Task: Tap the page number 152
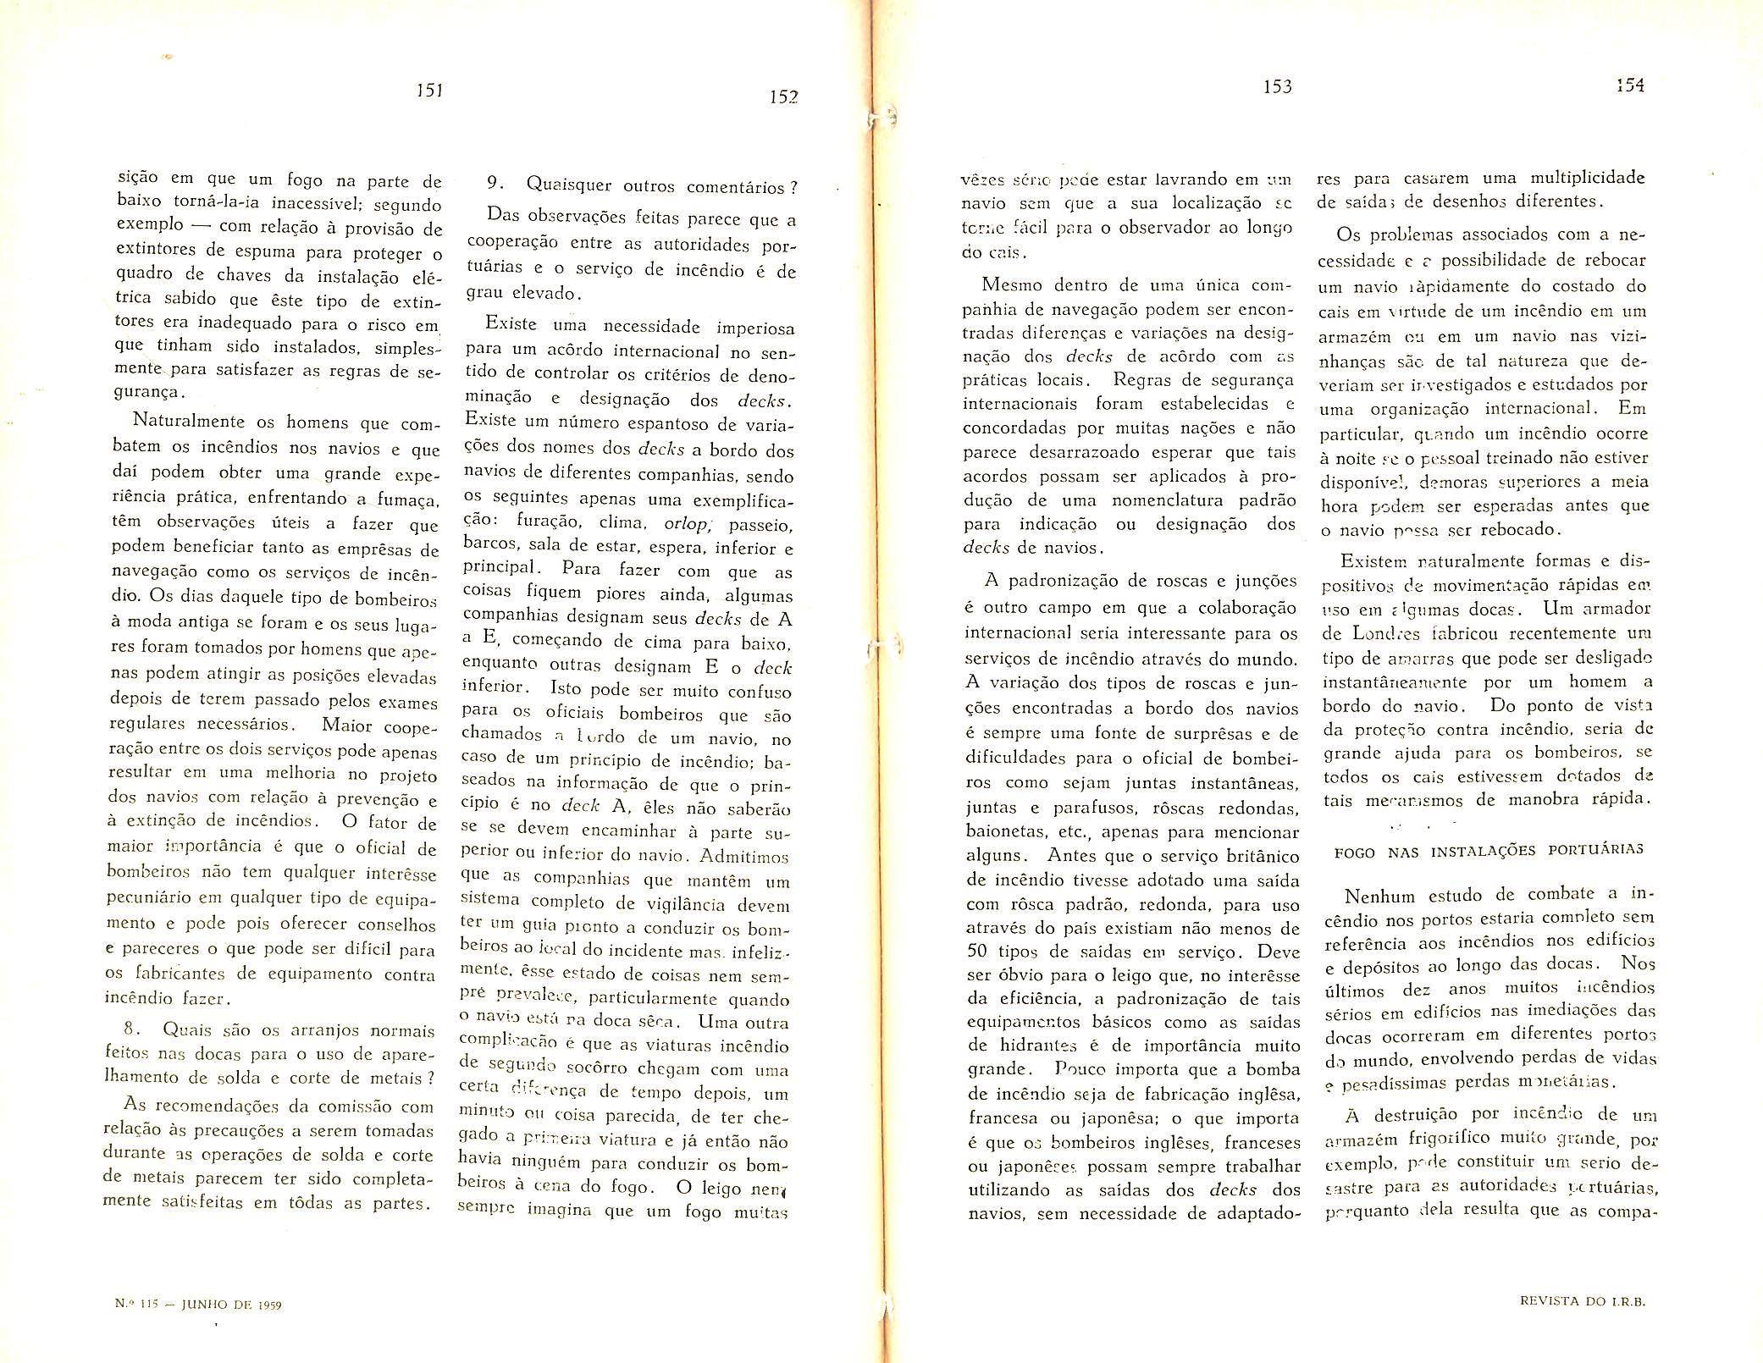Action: (783, 97)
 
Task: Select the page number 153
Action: (1276, 86)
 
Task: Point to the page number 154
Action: (1629, 85)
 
